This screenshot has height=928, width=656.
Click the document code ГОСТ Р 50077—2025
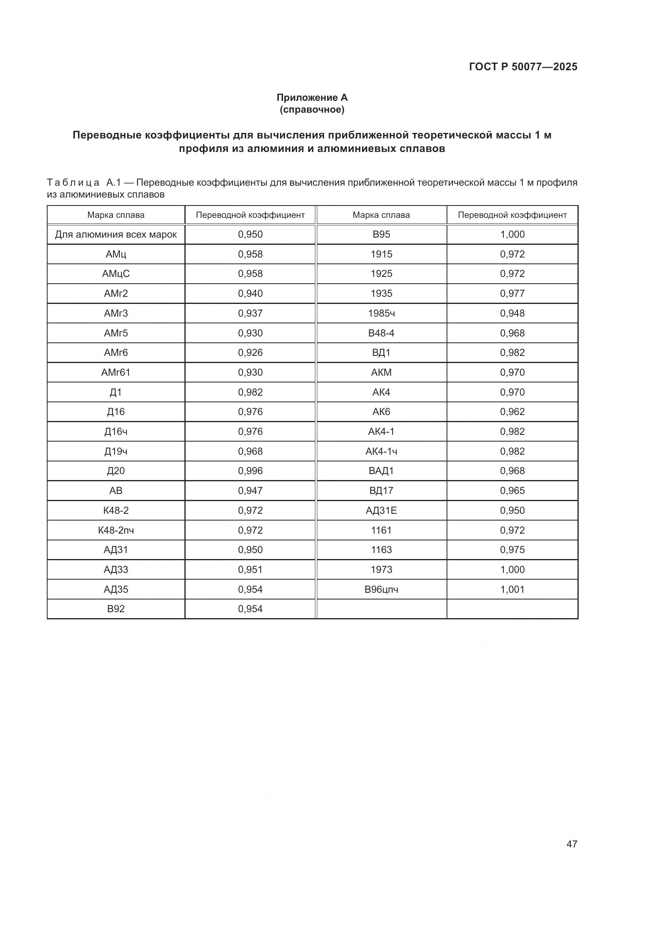523,67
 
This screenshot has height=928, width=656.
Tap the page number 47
572,844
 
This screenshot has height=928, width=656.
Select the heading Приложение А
312,98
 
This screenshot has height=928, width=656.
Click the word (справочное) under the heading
312,110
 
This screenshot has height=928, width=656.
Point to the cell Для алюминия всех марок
116,234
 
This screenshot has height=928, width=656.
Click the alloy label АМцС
116,274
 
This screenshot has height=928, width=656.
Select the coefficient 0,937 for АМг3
250,313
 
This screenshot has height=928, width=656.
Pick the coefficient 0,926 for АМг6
250,352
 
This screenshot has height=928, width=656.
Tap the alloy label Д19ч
116,451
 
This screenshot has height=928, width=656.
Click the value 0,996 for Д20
250,471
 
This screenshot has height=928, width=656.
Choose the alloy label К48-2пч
116,530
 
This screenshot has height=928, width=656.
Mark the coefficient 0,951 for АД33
250,569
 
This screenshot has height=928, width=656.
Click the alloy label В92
116,609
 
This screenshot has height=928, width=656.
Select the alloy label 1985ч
381,313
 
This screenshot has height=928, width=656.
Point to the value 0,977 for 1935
512,294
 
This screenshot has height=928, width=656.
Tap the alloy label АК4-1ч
381,451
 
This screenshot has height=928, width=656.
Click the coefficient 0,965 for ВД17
512,490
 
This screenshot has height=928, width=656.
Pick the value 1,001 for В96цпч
512,589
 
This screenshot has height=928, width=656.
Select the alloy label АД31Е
381,510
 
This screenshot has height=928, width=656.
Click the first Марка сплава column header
116,215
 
